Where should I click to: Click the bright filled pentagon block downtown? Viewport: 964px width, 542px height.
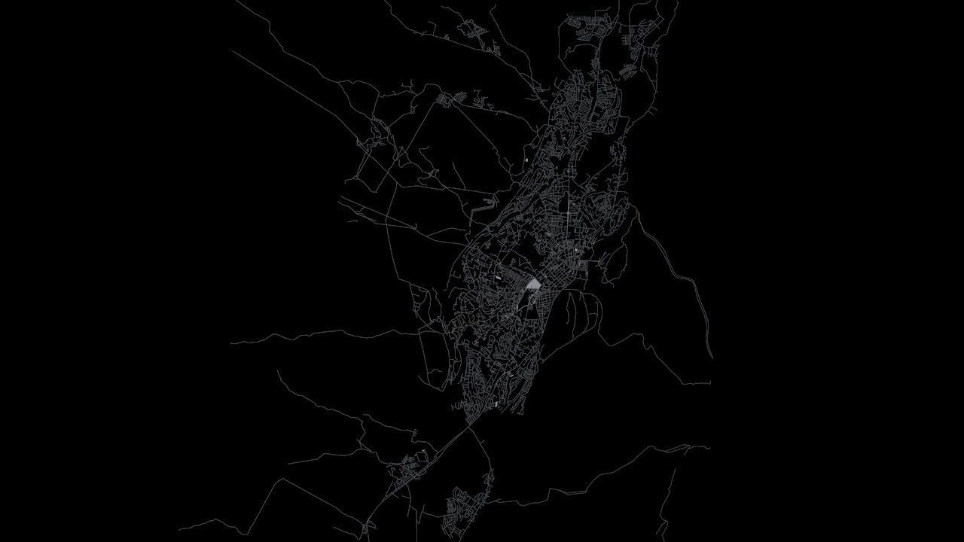tap(533, 285)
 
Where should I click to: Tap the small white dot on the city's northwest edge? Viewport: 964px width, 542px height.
tap(526, 160)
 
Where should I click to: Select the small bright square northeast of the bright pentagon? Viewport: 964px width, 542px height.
tap(577, 250)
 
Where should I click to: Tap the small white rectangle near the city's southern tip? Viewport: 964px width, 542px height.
tap(496, 404)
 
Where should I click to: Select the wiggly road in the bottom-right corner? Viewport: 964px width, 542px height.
tap(667, 504)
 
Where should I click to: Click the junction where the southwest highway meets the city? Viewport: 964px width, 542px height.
tap(471, 422)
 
